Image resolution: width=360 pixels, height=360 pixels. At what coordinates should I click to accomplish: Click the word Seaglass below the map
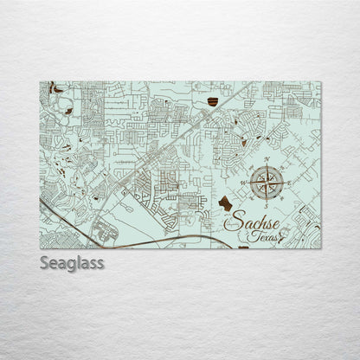72,262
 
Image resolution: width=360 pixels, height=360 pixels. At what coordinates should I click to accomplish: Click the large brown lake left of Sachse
226,204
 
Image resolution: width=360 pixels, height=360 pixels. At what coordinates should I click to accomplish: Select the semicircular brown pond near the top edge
213,103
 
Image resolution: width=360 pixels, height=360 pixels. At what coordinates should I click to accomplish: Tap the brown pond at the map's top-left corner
55,87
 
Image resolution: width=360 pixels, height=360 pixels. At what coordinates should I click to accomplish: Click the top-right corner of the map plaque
321,82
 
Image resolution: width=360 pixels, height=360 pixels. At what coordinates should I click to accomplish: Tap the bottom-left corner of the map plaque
40,248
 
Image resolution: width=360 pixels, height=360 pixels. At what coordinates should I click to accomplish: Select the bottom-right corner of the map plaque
321,248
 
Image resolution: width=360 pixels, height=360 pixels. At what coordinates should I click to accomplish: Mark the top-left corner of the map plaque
40,82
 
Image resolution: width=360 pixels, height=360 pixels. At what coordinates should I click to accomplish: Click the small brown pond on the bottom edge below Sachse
242,246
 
